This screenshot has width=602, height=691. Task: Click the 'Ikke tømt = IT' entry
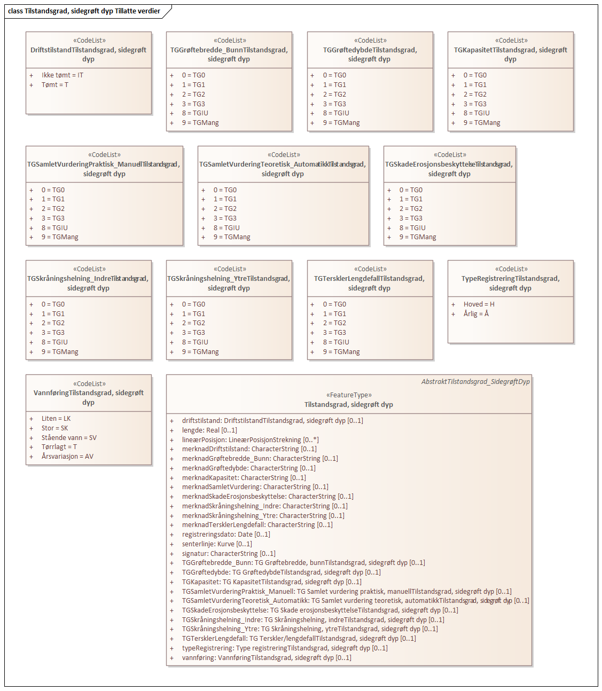tap(62, 75)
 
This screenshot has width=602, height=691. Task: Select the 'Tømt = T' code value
tap(54, 85)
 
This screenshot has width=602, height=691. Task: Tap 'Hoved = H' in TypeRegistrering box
tap(479, 304)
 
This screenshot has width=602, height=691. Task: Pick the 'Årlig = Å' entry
tap(476, 314)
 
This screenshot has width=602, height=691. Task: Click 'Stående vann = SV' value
tap(69, 438)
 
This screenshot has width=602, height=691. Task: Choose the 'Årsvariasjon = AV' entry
tap(67, 457)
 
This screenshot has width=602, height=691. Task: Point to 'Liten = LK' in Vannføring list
tap(56, 419)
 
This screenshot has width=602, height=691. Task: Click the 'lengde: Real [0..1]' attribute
tap(209, 430)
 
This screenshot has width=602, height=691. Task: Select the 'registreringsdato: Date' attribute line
tap(226, 535)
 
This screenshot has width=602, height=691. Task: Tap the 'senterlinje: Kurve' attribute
tap(217, 544)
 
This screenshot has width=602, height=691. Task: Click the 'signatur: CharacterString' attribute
tap(229, 554)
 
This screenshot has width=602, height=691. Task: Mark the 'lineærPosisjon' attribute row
tap(250, 440)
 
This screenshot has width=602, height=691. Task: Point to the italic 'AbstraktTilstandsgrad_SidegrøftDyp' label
tap(475, 382)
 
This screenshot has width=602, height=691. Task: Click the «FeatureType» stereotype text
tap(349, 395)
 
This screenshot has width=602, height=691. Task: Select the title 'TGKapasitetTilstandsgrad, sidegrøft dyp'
tap(510, 54)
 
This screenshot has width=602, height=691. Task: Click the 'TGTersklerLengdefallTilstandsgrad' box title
tap(369, 283)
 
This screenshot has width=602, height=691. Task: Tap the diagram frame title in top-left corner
tap(84, 11)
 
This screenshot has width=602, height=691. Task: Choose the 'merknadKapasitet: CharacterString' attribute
tap(244, 478)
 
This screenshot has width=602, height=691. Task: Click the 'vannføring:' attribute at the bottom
tap(267, 658)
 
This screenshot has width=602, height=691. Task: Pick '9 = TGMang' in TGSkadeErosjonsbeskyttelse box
tap(417, 237)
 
